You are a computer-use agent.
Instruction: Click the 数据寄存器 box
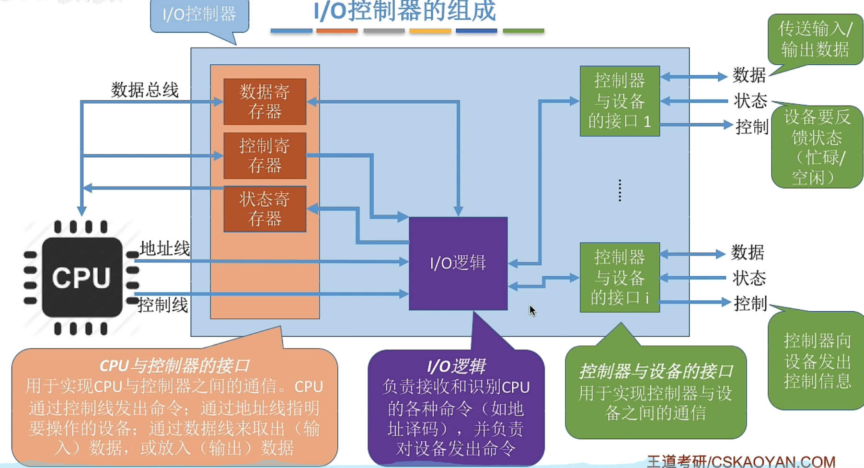click(265, 102)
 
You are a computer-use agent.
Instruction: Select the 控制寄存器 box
click(265, 155)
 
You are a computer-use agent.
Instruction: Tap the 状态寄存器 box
click(265, 209)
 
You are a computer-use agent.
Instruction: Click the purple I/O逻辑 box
click(458, 263)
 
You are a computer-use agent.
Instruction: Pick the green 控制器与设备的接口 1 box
click(620, 101)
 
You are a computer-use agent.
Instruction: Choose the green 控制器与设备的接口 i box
click(620, 278)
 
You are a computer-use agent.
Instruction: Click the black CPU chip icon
click(81, 277)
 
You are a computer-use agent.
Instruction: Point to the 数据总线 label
click(145, 90)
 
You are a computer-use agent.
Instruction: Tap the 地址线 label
click(165, 248)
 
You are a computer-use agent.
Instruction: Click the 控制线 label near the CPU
click(163, 305)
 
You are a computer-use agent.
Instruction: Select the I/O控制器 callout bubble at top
click(199, 14)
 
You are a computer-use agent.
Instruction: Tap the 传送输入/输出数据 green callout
click(815, 39)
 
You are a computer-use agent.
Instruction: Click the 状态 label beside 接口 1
click(750, 101)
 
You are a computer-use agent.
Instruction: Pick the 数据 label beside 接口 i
click(748, 252)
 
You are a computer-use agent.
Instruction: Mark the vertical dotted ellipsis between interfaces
click(620, 190)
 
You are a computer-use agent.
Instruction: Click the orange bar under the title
click(337, 31)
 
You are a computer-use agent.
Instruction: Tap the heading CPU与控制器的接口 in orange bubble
click(174, 366)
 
